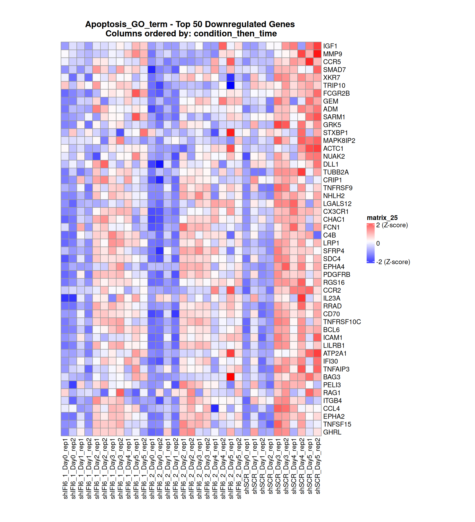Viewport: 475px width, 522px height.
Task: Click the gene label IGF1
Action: coord(330,46)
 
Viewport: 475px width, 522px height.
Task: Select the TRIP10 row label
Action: coord(334,86)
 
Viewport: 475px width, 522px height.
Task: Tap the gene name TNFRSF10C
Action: coord(342,322)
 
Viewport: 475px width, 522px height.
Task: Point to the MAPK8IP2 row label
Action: coord(339,141)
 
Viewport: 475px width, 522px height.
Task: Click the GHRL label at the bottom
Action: coord(332,432)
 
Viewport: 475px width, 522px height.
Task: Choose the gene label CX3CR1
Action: coord(335,212)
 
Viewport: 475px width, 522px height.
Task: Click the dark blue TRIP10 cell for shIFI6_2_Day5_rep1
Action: coord(230,86)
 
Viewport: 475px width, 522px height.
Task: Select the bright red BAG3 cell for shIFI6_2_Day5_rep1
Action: coord(230,377)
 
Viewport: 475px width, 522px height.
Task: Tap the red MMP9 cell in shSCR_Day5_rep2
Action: coord(317,54)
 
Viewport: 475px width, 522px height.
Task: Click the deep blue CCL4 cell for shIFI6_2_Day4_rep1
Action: coord(214,409)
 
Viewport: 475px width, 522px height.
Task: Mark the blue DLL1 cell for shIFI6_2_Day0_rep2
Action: coord(159,164)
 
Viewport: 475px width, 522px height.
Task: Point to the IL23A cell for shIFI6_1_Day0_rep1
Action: coord(65,298)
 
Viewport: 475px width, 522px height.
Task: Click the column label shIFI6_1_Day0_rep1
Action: coord(65,469)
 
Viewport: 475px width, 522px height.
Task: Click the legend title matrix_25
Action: coord(382,218)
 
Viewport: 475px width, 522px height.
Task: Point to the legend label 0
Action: coord(378,243)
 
